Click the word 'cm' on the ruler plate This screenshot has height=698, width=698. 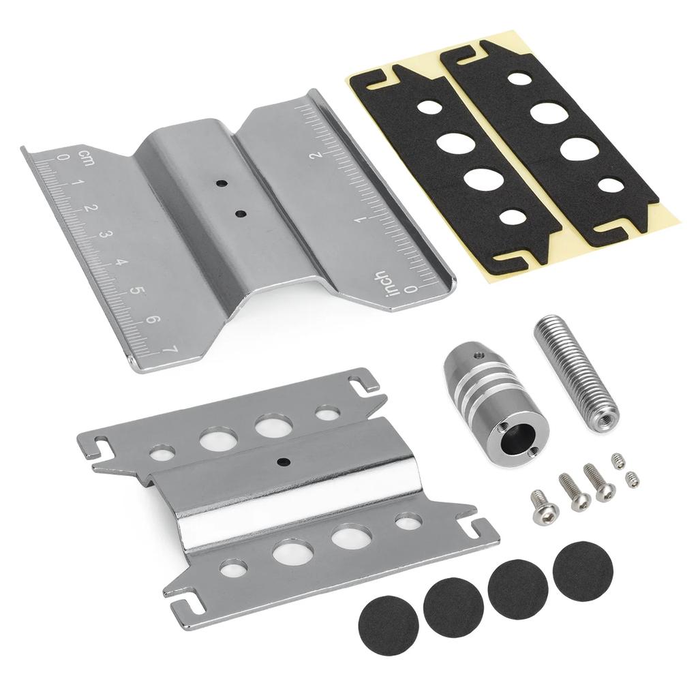click(86, 157)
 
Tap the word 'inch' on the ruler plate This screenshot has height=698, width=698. click(380, 284)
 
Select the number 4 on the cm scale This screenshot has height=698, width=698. click(120, 262)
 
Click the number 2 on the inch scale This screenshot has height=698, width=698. click(330, 155)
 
